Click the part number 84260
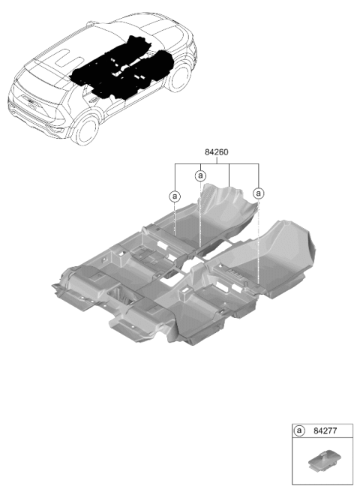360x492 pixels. (216, 152)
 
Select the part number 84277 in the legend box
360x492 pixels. (325, 430)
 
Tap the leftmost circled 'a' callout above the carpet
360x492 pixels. (175, 196)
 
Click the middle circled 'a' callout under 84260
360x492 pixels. (200, 175)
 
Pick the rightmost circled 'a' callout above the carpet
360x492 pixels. (258, 193)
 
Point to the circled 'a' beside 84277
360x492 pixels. (299, 430)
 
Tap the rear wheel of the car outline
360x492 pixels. (85, 130)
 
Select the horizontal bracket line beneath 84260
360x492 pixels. (217, 163)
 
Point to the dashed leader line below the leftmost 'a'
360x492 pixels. (175, 219)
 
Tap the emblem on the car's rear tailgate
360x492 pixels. (31, 102)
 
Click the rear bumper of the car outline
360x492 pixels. (34, 121)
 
